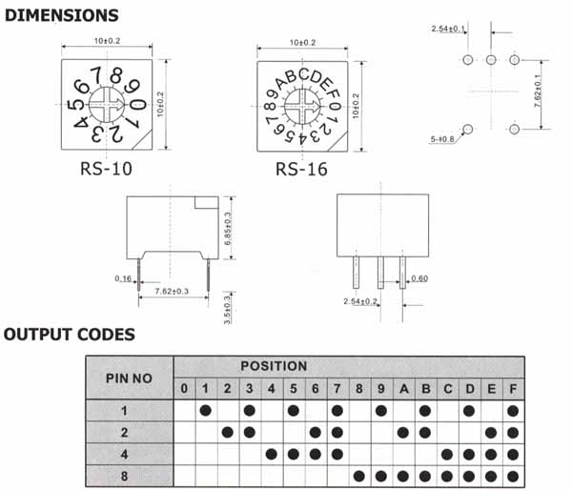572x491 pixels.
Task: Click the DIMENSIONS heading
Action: click(60, 16)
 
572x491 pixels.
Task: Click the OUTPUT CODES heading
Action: click(69, 335)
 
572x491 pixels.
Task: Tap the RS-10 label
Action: click(108, 170)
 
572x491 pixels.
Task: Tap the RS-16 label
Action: click(300, 170)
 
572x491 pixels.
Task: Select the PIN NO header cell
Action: click(129, 378)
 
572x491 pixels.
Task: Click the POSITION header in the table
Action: click(274, 366)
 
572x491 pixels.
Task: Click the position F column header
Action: click(514, 388)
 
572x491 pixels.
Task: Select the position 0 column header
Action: click(184, 388)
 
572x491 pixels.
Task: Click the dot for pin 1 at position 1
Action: click(205, 410)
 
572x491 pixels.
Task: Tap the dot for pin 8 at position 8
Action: click(358, 475)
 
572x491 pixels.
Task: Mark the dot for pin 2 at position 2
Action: click(228, 432)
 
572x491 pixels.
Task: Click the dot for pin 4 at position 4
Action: click(272, 453)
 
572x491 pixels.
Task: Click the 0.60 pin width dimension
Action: click(420, 278)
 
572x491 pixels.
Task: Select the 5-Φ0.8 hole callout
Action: click(446, 138)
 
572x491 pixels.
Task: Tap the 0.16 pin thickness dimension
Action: click(123, 279)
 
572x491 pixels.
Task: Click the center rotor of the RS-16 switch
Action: click(300, 106)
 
